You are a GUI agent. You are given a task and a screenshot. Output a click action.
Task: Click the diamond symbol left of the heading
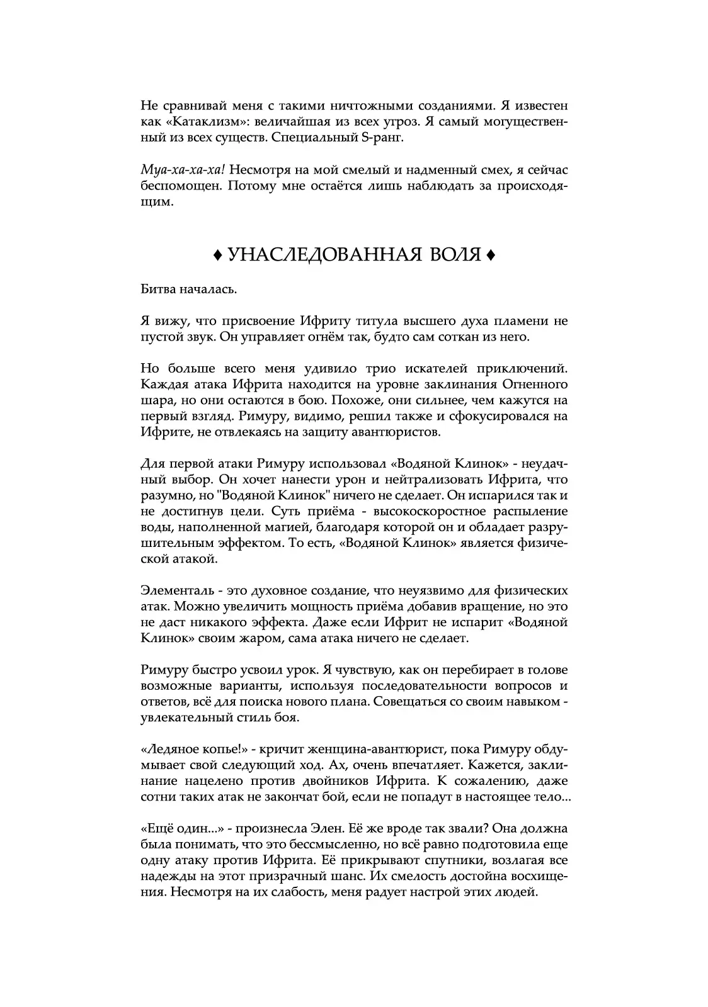point(217,255)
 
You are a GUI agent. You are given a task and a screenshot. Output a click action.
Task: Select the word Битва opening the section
point(159,290)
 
